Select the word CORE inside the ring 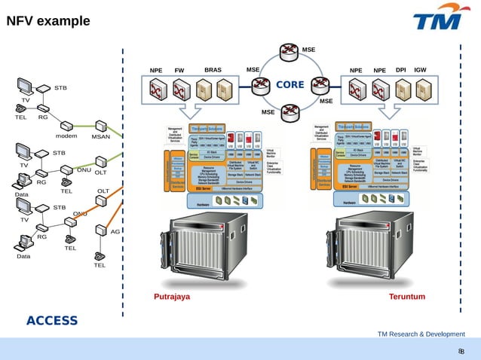click(x=290, y=84)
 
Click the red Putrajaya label click(x=172, y=297)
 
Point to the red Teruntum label click(x=407, y=297)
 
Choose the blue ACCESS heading click(x=52, y=321)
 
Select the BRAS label click(x=213, y=70)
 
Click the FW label click(x=179, y=71)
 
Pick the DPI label click(x=401, y=70)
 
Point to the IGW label click(x=421, y=70)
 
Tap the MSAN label click(x=100, y=137)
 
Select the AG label click(x=115, y=231)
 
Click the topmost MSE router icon click(x=289, y=52)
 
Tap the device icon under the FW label click(x=180, y=92)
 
